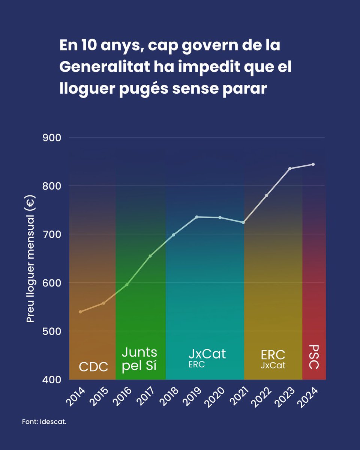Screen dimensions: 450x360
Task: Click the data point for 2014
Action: point(80,312)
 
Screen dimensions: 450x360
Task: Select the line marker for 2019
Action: point(197,217)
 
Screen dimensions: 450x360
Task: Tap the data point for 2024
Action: point(313,164)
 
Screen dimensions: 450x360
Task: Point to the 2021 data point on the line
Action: point(243,222)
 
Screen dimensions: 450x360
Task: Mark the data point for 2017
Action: point(150,256)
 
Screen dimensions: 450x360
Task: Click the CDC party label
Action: point(93,367)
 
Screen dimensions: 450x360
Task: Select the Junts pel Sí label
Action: point(139,359)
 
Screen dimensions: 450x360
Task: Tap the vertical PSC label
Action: point(314,357)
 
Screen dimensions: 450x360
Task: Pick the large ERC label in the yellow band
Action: point(273,354)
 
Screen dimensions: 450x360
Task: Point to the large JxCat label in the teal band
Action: point(207,354)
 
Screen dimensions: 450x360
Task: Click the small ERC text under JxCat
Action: point(196,364)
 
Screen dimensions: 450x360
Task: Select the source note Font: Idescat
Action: point(44,422)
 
